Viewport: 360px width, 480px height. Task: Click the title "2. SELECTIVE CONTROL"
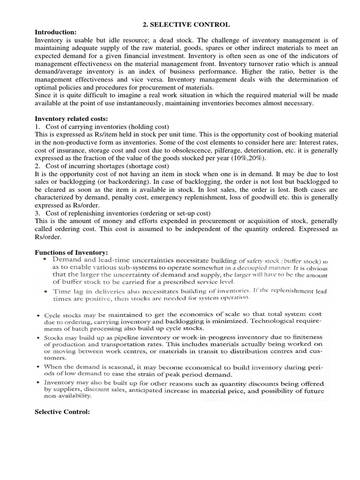180,24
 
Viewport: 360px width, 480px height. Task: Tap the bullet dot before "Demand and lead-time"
44,259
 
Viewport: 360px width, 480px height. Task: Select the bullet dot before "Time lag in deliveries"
44,291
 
